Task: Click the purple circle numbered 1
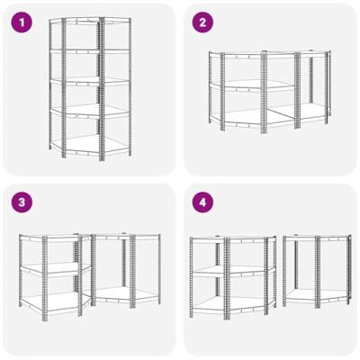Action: pyautogui.click(x=22, y=22)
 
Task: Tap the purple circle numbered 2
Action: pyautogui.click(x=202, y=22)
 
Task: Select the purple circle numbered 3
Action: pyautogui.click(x=22, y=202)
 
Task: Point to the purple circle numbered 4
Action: pyautogui.click(x=202, y=202)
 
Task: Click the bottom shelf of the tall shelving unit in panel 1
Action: pyautogui.click(x=90, y=145)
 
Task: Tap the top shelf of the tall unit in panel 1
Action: pyautogui.click(x=90, y=21)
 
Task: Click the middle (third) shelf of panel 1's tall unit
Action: pyautogui.click(x=90, y=81)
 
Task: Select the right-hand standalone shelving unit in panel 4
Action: pyautogui.click(x=317, y=271)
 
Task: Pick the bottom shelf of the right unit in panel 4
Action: pyautogui.click(x=317, y=295)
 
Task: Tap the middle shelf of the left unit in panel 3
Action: pyautogui.click(x=56, y=268)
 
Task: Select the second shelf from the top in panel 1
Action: pyautogui.click(x=90, y=51)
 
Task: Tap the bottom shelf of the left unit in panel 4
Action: pyautogui.click(x=233, y=303)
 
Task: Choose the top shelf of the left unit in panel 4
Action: pyautogui.click(x=233, y=238)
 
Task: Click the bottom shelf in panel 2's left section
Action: pyautogui.click(x=252, y=118)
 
